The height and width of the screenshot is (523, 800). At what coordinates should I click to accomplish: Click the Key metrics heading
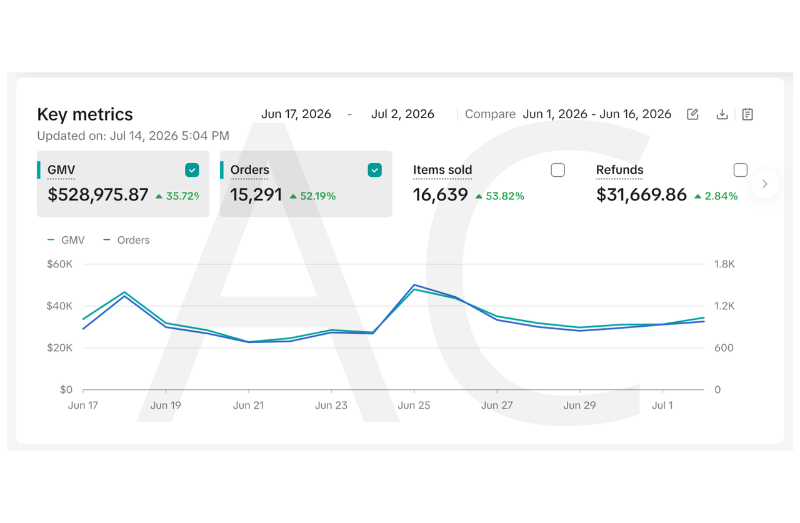click(85, 114)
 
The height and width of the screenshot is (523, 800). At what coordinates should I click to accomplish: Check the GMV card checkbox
click(192, 170)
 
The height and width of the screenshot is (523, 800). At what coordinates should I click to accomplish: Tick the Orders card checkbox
click(374, 170)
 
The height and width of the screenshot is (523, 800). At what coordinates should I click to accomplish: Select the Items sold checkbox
click(557, 170)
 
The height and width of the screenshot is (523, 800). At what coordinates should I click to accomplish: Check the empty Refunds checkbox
click(741, 170)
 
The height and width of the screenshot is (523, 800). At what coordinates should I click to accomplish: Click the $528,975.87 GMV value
click(98, 195)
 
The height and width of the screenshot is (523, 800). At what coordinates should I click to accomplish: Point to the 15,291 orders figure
click(256, 195)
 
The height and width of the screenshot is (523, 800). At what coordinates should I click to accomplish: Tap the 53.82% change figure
click(505, 196)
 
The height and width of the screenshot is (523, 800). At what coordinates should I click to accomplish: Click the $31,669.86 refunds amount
click(641, 195)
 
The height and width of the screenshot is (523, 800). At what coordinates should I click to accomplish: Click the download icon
click(722, 114)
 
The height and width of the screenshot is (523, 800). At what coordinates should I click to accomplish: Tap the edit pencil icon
click(692, 114)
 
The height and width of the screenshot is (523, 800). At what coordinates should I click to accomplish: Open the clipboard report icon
click(747, 114)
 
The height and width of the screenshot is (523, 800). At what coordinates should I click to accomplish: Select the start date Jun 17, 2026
click(296, 114)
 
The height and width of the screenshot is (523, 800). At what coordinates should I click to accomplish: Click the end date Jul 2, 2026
click(402, 114)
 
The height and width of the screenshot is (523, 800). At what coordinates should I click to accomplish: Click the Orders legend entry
click(126, 241)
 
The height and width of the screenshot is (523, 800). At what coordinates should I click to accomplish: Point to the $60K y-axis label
click(59, 264)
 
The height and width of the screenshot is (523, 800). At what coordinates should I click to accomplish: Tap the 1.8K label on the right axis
click(724, 264)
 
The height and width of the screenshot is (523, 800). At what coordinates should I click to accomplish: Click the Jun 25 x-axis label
click(414, 406)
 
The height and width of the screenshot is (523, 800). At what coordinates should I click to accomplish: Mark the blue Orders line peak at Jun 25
click(414, 285)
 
